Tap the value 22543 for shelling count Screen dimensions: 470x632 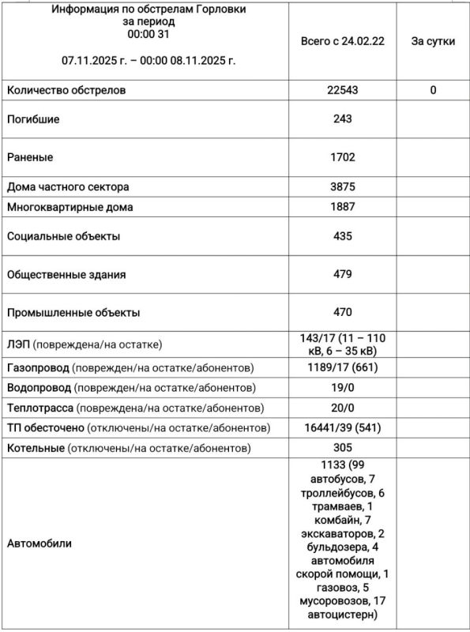(x=343, y=91)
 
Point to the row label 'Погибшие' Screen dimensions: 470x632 (x=33, y=120)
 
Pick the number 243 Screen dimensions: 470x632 (x=343, y=119)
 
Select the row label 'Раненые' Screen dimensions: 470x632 (x=30, y=157)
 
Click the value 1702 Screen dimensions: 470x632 (x=343, y=157)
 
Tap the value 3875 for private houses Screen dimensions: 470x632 (x=343, y=187)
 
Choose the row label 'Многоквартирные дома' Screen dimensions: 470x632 (x=70, y=208)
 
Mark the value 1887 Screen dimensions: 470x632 (x=343, y=207)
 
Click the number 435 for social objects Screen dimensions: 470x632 (x=343, y=235)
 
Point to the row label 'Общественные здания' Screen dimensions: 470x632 (x=66, y=275)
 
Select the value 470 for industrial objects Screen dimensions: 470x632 (x=343, y=312)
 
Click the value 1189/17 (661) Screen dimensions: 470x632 (x=343, y=368)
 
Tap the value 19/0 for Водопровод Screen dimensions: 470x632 (x=343, y=388)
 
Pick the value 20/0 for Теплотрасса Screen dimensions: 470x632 (x=343, y=408)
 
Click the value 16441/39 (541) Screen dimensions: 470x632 (x=343, y=428)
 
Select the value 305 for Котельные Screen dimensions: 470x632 (x=343, y=448)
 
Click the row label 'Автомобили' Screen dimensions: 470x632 (x=39, y=544)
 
